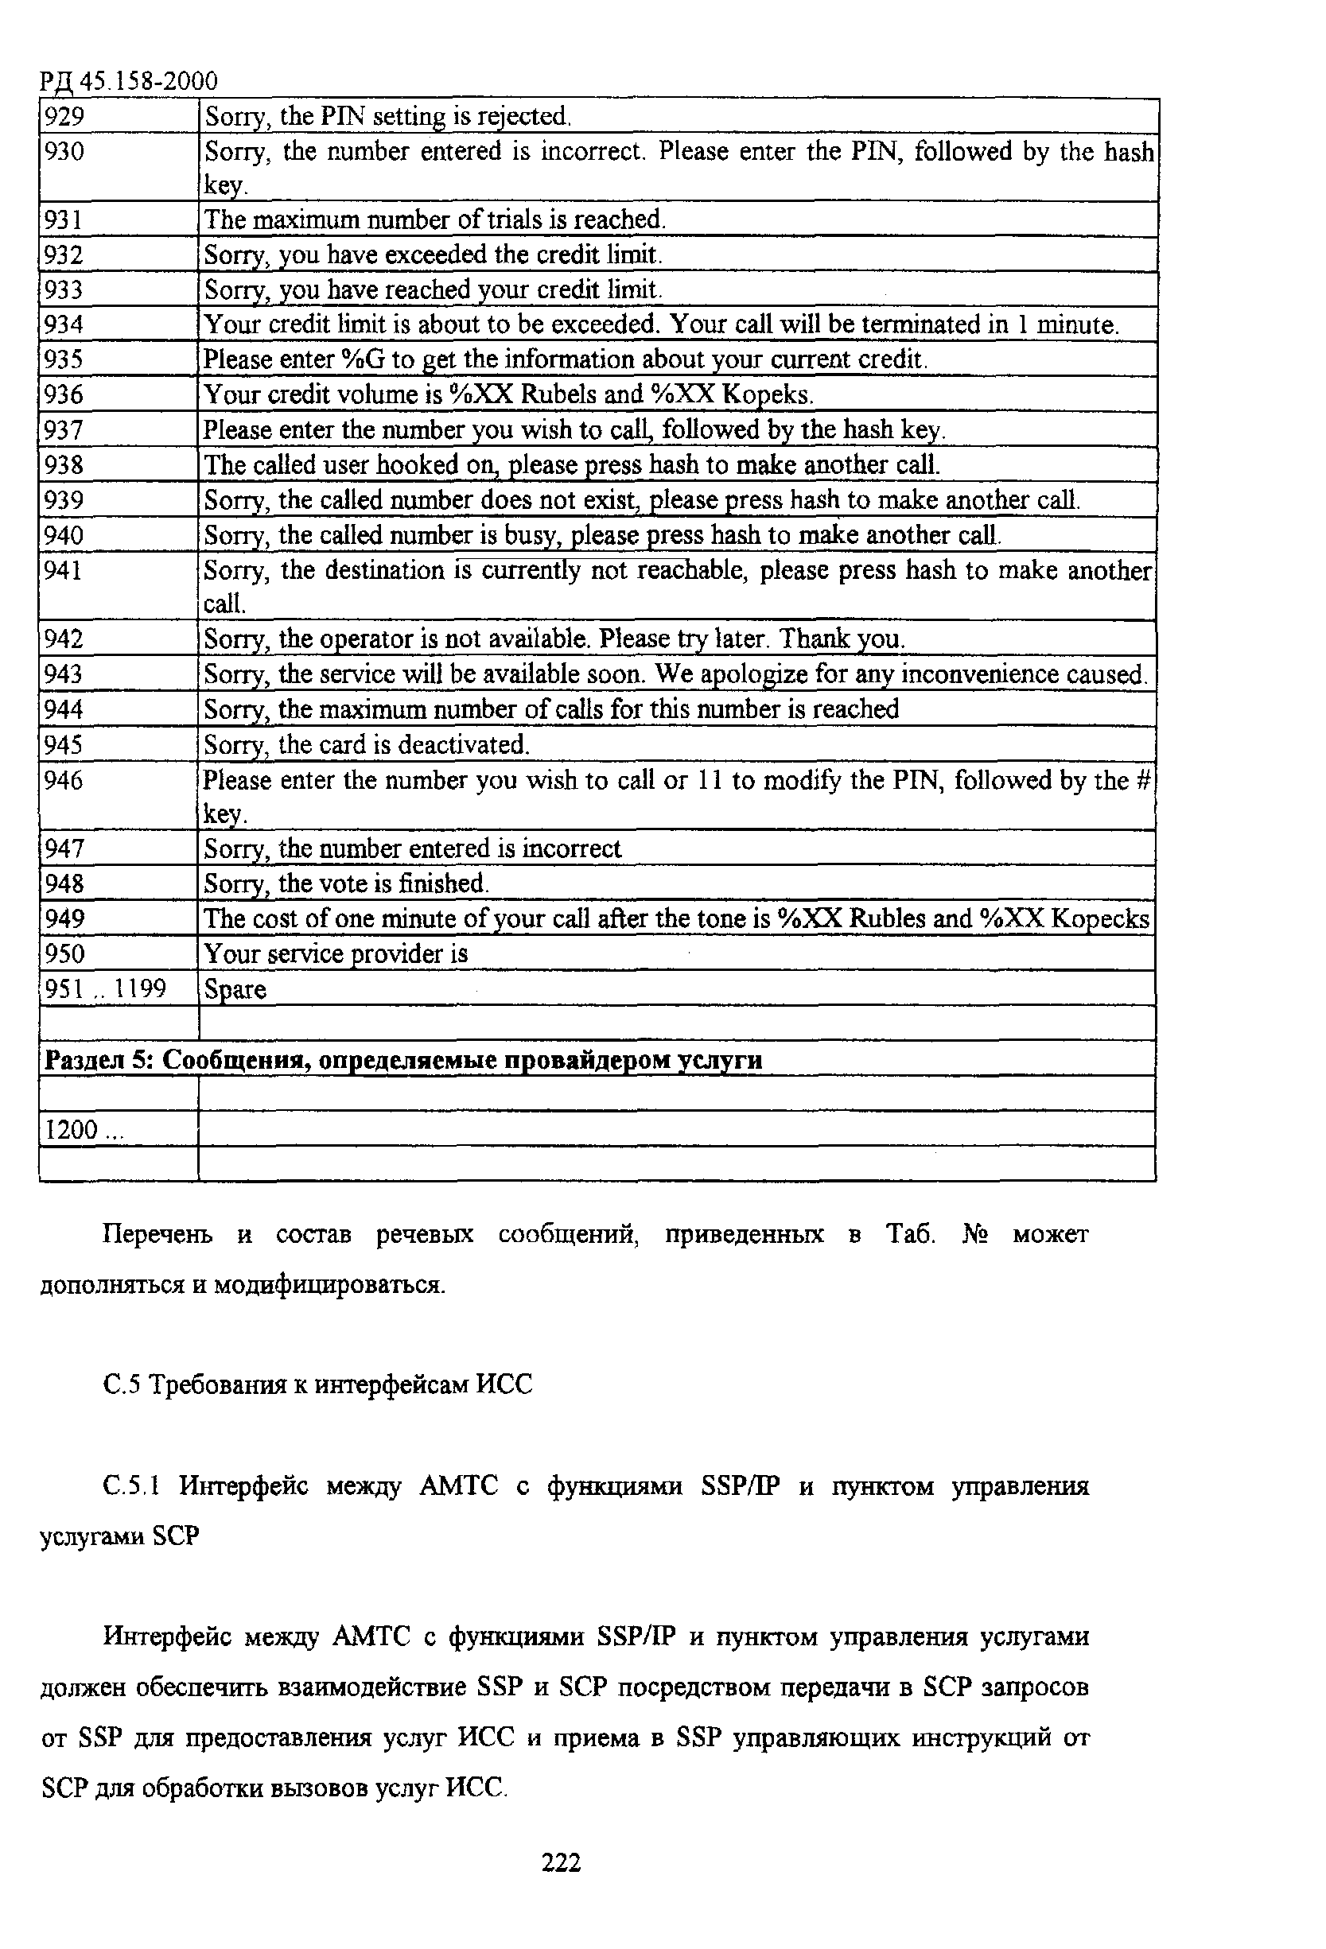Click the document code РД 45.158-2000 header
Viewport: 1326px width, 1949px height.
pos(128,81)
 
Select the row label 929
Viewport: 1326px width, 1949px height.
pos(64,116)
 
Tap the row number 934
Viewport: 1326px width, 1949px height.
pos(64,324)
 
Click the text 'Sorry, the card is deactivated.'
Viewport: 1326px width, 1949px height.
pos(367,745)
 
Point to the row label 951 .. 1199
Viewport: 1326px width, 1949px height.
pos(105,989)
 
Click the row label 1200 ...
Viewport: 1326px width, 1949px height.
pos(82,1130)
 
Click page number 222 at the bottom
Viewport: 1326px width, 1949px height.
pos(561,1862)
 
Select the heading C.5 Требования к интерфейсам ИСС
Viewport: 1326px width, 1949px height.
pos(318,1384)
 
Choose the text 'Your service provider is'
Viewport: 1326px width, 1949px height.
pos(336,953)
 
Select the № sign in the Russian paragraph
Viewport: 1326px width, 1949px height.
pos(975,1234)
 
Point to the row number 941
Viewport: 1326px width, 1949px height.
pos(64,570)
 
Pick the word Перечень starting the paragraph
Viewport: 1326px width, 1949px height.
pos(157,1234)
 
